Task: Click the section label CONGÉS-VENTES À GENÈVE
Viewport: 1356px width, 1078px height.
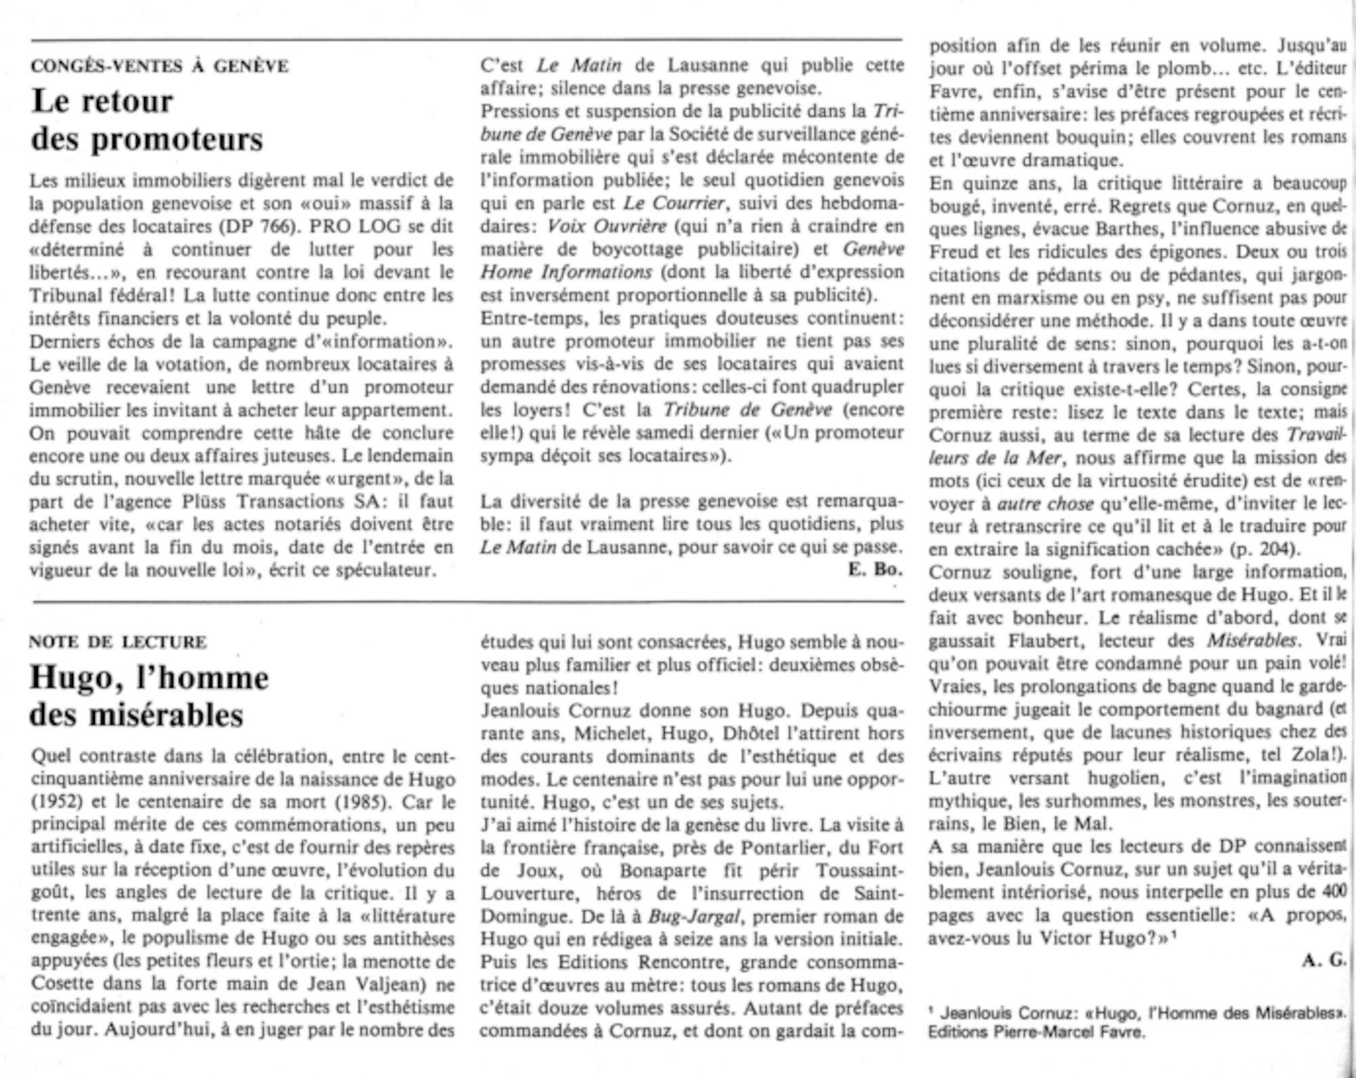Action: point(159,66)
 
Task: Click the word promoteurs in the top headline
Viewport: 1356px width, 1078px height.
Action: point(177,140)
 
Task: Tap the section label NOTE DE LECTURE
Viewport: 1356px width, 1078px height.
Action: point(118,641)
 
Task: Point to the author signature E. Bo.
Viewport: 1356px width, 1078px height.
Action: point(875,570)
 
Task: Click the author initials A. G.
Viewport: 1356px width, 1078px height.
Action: point(1322,961)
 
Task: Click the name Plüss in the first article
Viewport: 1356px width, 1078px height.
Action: point(206,502)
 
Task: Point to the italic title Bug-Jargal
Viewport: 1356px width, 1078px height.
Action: point(694,917)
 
